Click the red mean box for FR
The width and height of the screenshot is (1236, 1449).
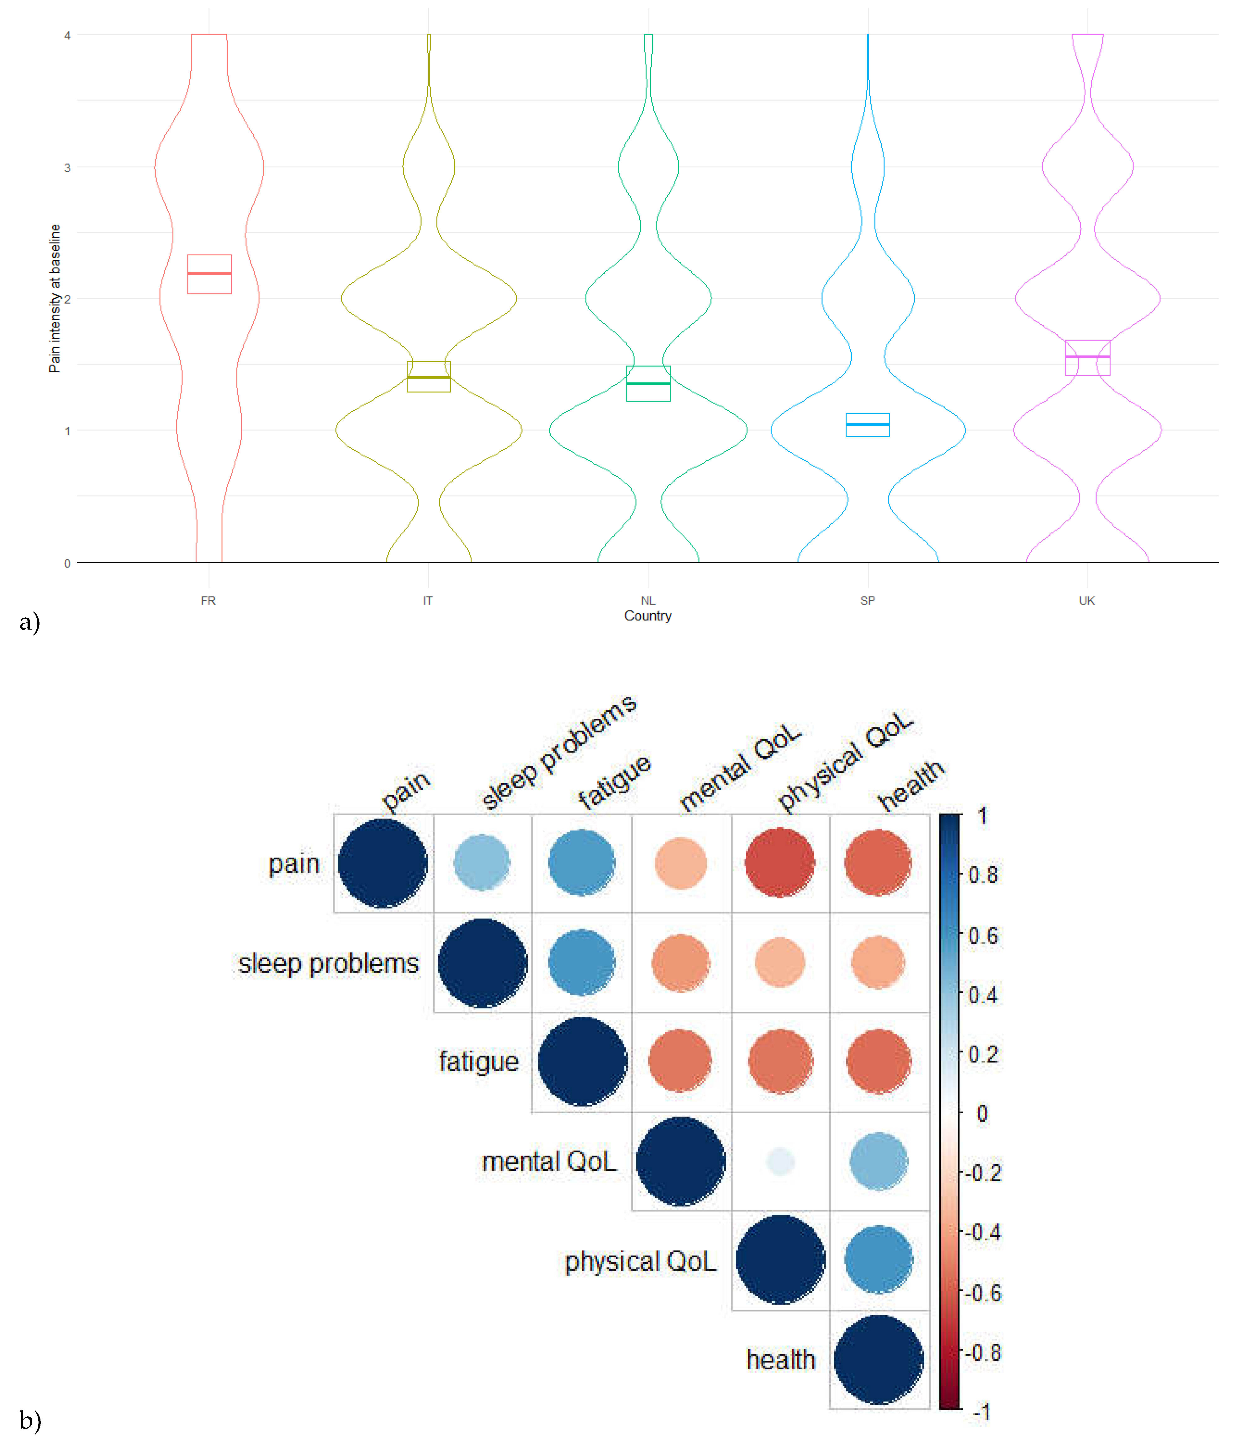209,274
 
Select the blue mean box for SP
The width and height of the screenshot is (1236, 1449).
868,424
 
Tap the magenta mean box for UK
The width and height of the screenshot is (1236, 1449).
1087,357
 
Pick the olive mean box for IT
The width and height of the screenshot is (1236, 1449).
429,377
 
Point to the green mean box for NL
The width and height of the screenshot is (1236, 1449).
648,383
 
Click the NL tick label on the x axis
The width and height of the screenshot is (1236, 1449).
648,601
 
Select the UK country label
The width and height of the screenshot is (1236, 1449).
1086,601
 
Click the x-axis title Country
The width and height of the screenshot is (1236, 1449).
647,616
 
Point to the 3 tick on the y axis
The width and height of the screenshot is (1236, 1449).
67,168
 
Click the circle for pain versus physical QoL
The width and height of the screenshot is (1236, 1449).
779,862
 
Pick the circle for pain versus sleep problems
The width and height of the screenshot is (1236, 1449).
482,862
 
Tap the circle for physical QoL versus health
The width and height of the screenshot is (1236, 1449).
878,1260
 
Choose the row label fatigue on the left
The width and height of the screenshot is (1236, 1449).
479,1062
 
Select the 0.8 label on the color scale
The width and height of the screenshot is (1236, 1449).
983,875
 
